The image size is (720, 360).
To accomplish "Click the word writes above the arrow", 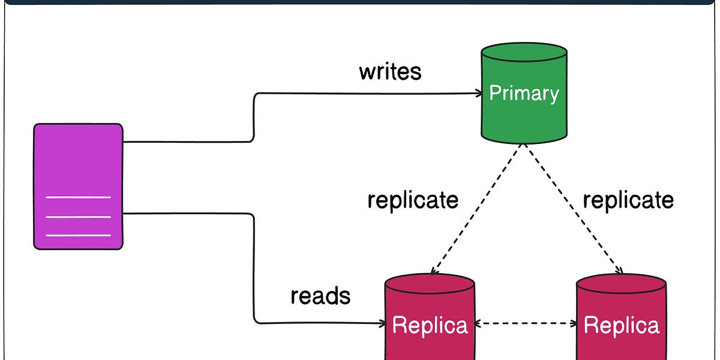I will tap(390, 72).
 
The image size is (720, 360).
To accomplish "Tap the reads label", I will tap(320, 295).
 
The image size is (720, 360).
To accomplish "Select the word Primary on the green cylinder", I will tap(524, 93).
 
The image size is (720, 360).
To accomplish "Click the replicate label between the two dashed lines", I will tap(413, 200).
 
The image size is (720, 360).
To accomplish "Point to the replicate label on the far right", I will tap(628, 200).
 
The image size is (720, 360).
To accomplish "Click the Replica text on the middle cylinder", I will tap(430, 325).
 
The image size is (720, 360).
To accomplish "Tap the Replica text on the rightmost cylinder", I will tap(622, 325).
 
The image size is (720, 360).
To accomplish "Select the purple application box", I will tap(78, 162).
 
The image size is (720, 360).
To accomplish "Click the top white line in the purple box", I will tap(78, 197).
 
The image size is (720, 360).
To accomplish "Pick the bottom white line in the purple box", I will tap(78, 235).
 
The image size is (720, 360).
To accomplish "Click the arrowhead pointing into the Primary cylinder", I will tap(479, 93).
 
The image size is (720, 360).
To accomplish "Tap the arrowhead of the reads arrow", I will tap(382, 323).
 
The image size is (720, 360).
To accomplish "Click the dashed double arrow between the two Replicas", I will tap(526, 323).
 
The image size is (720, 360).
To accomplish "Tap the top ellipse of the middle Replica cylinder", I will tap(430, 283).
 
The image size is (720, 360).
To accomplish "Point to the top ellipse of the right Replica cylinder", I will tap(622, 283).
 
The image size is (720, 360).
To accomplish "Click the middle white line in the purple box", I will tap(78, 217).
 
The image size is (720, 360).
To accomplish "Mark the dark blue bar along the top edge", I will tap(360, 2).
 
